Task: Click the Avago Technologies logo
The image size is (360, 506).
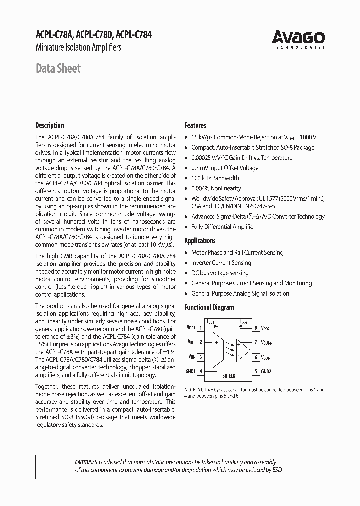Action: coord(298,39)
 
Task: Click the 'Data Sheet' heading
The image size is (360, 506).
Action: coord(58,69)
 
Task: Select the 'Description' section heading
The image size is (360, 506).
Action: coord(49,125)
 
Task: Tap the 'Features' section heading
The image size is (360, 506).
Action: coord(195,125)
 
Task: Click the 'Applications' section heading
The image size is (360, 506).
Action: coord(200,241)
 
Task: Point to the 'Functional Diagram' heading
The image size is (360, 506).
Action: coord(209,307)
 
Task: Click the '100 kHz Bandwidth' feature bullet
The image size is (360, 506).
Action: coord(215,178)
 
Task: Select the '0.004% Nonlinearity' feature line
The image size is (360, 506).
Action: coord(216,188)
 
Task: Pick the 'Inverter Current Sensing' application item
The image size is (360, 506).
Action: coord(221,263)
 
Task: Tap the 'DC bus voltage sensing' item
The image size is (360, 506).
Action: coord(220,273)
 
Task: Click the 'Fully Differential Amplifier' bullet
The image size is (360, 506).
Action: coord(223,227)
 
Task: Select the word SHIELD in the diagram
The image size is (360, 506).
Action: coord(229,376)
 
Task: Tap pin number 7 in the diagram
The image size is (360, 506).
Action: coord(255,343)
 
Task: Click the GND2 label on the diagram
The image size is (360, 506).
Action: coord(266,371)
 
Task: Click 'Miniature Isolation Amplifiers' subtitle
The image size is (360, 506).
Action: coord(78,48)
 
